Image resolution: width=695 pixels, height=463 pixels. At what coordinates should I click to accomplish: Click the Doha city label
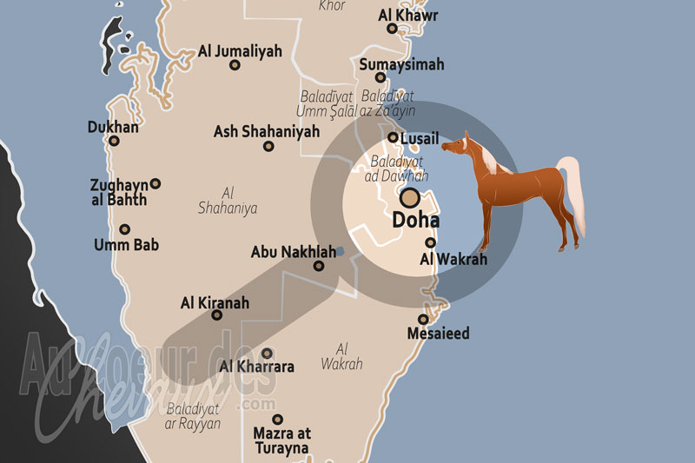[416, 221]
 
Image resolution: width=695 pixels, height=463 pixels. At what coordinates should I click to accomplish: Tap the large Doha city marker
[407, 198]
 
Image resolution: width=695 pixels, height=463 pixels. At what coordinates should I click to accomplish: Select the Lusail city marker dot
[393, 137]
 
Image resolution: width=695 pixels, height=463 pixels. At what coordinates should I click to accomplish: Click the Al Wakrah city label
[453, 259]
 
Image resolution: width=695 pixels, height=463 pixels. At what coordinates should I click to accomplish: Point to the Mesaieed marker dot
[424, 319]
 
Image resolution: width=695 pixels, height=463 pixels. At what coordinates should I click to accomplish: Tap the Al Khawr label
[408, 15]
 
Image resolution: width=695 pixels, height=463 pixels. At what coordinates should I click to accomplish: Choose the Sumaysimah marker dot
[381, 77]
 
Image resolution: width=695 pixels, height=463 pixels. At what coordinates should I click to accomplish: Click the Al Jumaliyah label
[240, 51]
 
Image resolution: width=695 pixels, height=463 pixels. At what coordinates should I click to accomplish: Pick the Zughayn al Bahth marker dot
[156, 183]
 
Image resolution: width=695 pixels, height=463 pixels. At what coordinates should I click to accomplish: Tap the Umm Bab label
[126, 245]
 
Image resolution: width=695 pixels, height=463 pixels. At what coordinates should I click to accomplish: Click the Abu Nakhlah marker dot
[319, 266]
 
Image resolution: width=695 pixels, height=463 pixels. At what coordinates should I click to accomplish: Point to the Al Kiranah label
[215, 303]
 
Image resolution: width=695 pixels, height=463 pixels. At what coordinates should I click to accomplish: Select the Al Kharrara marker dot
[268, 353]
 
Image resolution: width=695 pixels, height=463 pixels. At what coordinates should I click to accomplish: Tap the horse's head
[459, 144]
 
